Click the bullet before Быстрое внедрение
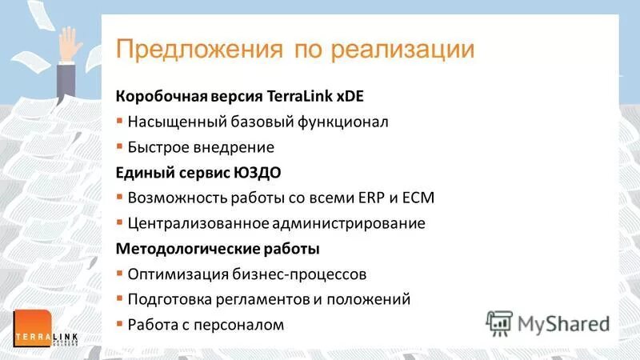[x=120, y=147]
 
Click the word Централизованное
[x=195, y=223]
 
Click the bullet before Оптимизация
[x=120, y=273]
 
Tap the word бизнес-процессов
[x=305, y=274]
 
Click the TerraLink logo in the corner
[x=45, y=329]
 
